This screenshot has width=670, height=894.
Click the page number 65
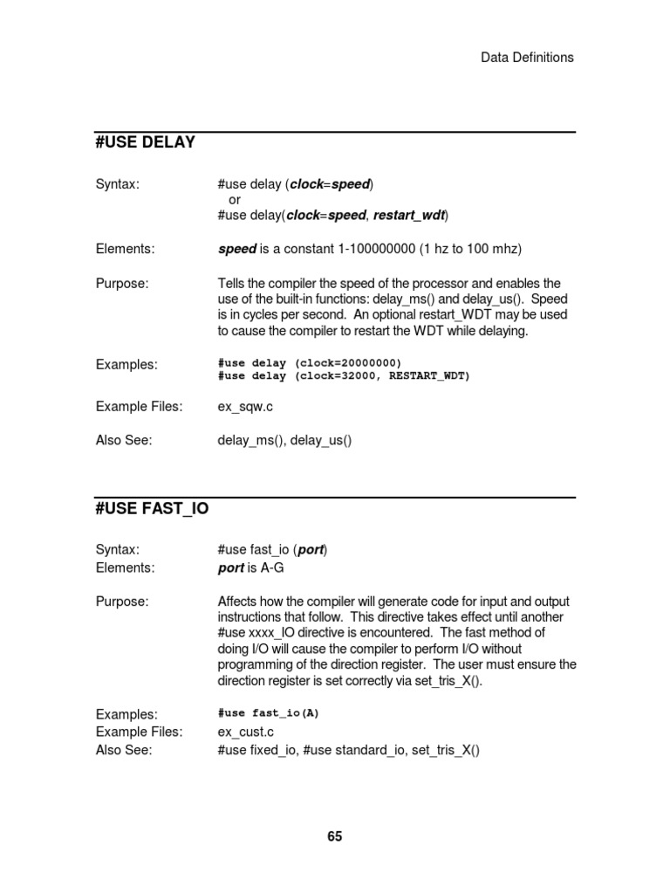335,836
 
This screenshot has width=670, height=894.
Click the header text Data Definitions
527,58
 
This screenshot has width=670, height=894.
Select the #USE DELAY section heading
145,142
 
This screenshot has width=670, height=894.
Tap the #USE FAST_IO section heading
152,508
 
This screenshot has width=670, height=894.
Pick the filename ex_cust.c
249,732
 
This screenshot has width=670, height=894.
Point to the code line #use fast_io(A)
269,713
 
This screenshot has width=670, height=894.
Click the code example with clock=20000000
310,362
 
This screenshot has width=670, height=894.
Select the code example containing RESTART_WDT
344,376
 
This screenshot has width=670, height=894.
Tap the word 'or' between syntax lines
234,200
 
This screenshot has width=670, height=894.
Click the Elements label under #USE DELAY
125,250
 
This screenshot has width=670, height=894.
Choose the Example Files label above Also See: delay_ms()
139,406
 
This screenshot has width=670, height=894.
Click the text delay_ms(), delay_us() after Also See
284,441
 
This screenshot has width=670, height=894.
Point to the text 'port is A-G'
251,568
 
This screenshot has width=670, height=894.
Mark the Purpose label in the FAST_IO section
122,602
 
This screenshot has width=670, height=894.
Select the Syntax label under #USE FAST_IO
117,549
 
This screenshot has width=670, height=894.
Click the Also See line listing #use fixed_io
349,750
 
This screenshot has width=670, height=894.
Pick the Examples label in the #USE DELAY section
126,365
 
